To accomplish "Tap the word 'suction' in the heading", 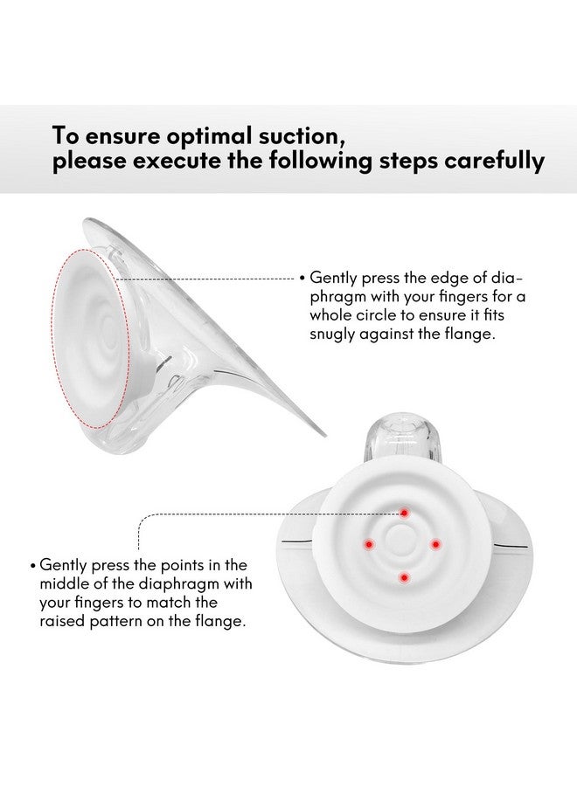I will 283,136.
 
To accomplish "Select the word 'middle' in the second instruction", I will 68,583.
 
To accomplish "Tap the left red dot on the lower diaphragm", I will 369,543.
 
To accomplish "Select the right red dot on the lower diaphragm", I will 434,543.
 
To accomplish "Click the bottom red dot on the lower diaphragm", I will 403,576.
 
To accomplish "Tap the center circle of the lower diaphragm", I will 402,543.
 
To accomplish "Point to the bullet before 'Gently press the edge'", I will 302,279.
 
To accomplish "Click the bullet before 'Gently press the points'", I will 34,565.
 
